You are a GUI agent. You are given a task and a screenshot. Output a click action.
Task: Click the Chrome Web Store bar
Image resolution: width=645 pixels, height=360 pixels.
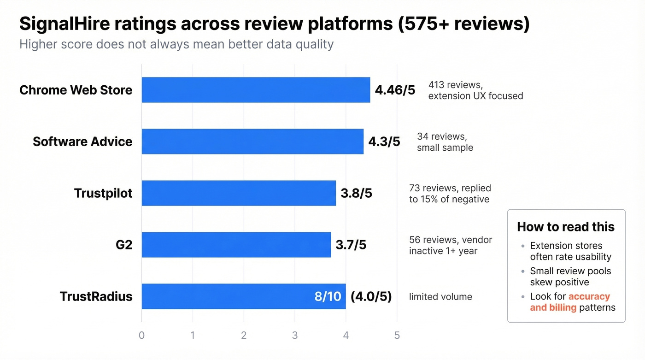point(256,90)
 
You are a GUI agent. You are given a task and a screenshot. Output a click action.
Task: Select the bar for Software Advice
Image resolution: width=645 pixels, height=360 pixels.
point(252,142)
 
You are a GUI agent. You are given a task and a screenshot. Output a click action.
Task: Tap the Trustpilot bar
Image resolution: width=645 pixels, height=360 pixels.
point(239,193)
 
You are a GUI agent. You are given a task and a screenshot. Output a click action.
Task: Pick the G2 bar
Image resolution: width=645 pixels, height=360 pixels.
point(236,245)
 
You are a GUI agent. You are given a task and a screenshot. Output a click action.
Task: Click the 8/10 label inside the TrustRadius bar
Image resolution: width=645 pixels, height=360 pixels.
point(328,296)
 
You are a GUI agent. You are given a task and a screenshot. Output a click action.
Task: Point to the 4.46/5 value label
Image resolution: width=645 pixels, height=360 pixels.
point(395,90)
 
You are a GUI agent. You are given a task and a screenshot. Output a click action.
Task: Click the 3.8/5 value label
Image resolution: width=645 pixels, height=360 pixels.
point(356,193)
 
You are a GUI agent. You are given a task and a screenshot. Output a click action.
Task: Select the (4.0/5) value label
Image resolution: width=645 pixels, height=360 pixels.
point(371,296)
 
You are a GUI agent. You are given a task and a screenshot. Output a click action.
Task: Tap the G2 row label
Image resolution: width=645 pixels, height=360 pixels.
point(124,245)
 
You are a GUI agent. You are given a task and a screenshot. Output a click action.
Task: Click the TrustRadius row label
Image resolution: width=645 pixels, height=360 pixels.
point(96,296)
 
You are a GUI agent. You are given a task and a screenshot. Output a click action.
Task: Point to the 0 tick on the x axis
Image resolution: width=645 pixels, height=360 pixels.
point(141,335)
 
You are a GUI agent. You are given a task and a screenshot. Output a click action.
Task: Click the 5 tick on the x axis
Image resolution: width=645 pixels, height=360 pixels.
point(397,335)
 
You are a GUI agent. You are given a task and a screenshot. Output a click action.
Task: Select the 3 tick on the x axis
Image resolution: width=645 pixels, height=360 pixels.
point(295,335)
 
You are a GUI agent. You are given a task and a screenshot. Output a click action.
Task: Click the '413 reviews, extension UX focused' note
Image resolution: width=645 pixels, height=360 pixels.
point(475,90)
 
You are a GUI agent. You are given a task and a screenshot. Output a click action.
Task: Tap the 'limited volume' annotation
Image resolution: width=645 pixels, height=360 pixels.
point(440,297)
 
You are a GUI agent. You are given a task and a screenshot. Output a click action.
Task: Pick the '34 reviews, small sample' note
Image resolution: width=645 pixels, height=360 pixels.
point(445,142)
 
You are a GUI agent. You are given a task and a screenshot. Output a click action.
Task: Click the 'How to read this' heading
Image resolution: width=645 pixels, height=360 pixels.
point(566,227)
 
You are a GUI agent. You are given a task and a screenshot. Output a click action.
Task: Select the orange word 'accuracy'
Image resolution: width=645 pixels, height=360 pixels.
point(589,296)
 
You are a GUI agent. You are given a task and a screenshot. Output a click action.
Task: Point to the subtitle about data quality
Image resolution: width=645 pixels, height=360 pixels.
point(176,45)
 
